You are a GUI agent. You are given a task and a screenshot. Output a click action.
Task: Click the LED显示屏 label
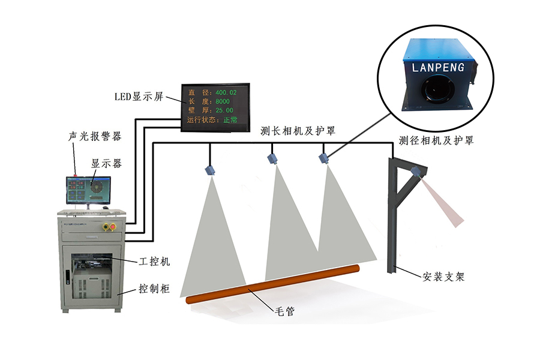pos(139,97)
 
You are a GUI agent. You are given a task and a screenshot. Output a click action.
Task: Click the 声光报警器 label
pos(95,137)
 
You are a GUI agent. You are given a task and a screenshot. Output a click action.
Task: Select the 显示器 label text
pos(106,163)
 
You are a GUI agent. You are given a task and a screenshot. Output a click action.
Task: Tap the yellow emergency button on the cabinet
pos(109,227)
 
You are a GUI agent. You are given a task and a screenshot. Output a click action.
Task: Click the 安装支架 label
pos(443,277)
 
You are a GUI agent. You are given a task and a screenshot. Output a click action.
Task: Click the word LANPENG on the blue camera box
pos(439,67)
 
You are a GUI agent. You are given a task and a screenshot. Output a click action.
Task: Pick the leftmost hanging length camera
pos(210,169)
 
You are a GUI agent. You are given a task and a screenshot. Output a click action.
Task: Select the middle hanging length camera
pos(273,158)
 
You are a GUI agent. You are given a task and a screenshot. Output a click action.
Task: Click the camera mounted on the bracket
pos(415,172)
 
